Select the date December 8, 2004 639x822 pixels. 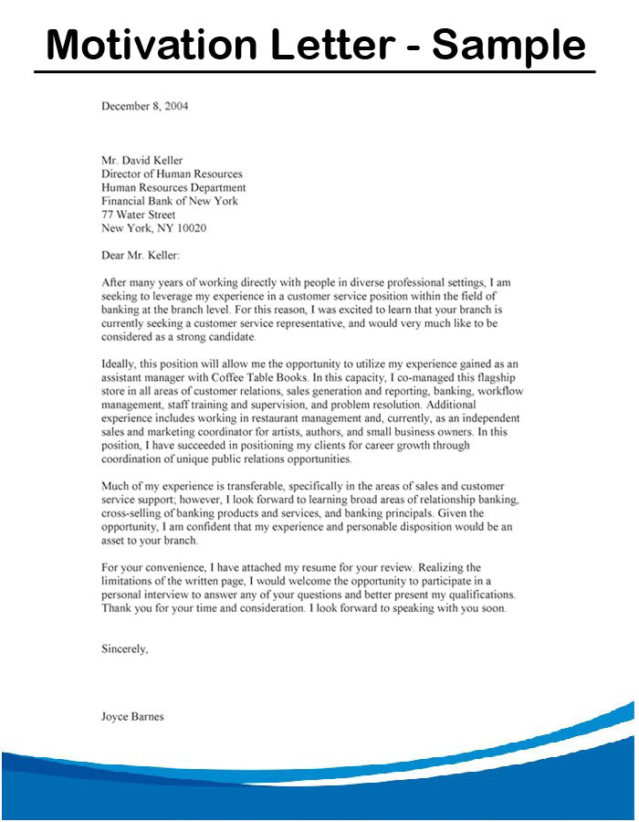click(144, 106)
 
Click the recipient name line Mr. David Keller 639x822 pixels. click(144, 160)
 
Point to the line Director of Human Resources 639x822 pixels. click(172, 174)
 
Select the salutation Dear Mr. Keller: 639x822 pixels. click(141, 256)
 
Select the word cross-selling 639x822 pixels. click(135, 514)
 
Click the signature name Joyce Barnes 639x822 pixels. click(132, 717)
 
